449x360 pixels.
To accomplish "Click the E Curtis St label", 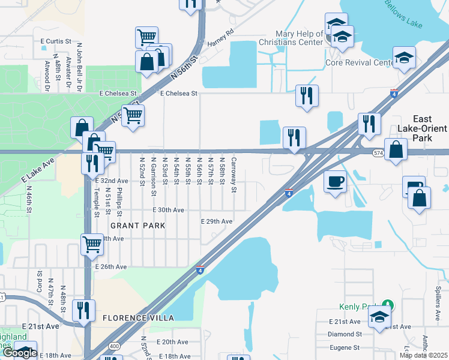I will point(56,41).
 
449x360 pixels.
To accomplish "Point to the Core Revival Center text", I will point(359,62).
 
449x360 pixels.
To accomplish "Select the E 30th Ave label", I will point(169,210).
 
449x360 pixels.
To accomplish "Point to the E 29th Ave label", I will point(216,221).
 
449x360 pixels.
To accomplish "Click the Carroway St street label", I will point(234,176).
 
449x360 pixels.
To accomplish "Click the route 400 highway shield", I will point(113,347).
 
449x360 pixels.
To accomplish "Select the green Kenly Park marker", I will point(388,304).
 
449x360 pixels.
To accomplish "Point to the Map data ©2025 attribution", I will point(423,355).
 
